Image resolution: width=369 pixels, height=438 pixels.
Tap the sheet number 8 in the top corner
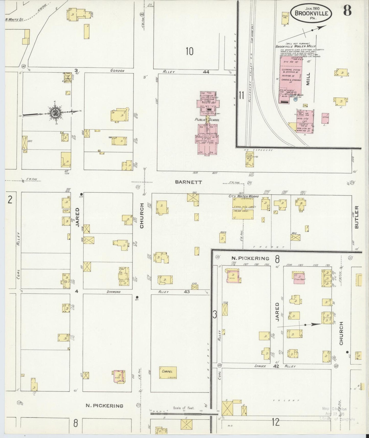(347, 10)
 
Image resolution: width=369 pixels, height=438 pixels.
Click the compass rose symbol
(55, 112)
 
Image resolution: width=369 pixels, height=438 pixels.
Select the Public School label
(207, 120)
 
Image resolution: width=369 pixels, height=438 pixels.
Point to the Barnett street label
(188, 182)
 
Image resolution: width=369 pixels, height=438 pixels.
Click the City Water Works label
(244, 196)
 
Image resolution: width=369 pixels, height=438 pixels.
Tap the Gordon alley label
(117, 71)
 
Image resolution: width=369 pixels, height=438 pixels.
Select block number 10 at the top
(189, 51)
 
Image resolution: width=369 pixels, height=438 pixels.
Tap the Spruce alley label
(260, 366)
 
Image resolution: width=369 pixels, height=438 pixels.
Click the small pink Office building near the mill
(325, 118)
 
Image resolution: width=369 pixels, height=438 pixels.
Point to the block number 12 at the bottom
(276, 422)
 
